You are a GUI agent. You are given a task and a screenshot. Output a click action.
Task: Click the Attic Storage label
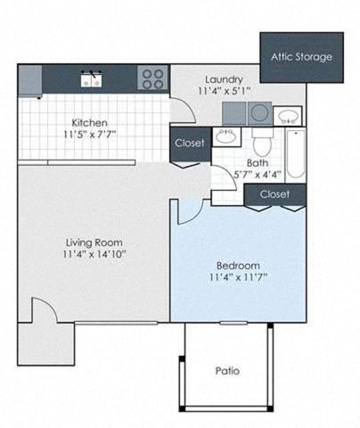[301, 57]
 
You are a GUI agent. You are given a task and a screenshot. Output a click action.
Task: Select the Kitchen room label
[90, 122]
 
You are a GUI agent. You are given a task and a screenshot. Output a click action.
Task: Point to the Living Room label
[94, 242]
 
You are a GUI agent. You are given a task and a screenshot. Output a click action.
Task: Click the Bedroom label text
[238, 265]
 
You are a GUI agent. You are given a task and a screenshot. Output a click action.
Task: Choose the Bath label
[258, 163]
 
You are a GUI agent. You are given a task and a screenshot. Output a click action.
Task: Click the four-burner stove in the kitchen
[152, 78]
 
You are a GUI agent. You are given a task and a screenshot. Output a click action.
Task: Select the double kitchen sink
[91, 79]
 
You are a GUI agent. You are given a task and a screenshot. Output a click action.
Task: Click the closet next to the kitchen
[189, 143]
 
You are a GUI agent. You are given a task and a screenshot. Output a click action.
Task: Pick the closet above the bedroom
[274, 193]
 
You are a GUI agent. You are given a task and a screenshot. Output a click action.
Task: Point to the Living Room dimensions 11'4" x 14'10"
[94, 254]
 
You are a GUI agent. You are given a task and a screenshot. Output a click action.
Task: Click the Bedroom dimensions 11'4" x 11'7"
[238, 277]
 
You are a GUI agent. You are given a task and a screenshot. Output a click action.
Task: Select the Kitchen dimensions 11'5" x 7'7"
[90, 135]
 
